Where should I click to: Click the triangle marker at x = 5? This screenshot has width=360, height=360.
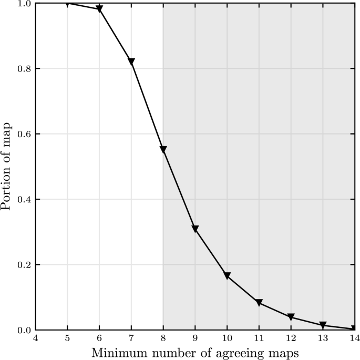(x=67, y=4)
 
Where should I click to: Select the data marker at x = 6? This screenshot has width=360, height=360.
(x=99, y=9)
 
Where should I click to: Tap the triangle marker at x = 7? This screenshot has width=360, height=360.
(x=131, y=61)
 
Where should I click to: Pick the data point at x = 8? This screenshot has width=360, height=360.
(x=163, y=150)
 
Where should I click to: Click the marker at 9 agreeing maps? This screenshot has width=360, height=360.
(x=195, y=229)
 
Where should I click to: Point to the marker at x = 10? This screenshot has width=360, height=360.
(x=227, y=276)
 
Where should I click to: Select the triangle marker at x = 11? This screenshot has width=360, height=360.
(x=259, y=303)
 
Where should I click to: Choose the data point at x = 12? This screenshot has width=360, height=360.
(x=291, y=317)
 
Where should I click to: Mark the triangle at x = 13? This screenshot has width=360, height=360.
(x=323, y=325)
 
